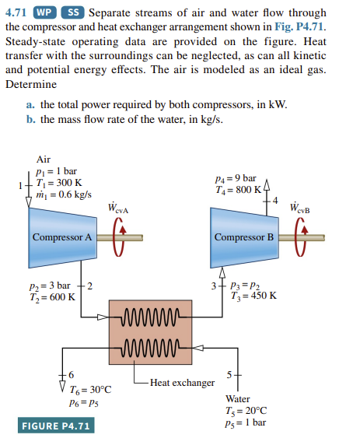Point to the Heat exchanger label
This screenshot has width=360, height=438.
(182, 382)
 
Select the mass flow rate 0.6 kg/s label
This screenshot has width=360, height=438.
(64, 194)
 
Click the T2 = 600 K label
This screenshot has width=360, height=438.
(54, 296)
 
